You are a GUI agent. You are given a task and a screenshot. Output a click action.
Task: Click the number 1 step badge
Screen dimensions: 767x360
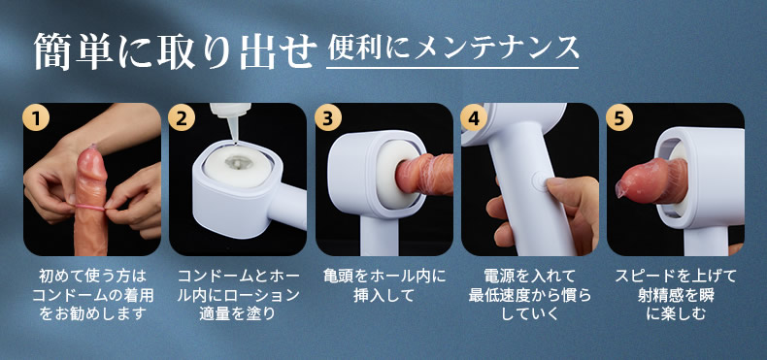(36, 118)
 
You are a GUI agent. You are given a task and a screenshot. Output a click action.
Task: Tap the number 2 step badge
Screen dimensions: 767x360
(182, 118)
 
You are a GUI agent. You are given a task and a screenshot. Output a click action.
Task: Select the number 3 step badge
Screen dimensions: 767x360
(328, 118)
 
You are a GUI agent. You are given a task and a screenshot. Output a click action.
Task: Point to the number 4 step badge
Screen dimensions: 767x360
(474, 118)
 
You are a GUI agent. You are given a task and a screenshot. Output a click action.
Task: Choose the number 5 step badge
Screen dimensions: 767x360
(619, 118)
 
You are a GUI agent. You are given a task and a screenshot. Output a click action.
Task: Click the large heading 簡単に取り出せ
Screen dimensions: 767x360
(173, 50)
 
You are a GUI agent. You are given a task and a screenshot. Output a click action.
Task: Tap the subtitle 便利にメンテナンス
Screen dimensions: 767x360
(453, 49)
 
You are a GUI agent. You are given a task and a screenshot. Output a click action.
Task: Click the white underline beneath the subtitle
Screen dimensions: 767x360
(452, 68)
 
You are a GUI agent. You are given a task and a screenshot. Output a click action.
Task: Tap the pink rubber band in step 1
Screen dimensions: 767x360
(89, 209)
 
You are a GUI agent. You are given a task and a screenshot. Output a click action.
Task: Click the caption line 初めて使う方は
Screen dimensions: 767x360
(92, 277)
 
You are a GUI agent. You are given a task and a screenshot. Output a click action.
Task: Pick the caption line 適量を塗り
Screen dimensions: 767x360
(238, 313)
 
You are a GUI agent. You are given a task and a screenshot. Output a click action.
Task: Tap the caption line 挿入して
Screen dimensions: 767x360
(384, 295)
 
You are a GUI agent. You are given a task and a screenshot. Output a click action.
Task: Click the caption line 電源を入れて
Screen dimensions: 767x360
(529, 277)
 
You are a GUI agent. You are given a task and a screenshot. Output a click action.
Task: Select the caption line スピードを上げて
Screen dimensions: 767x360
(676, 277)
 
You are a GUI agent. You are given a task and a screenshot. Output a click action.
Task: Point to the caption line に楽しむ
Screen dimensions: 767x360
(676, 313)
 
